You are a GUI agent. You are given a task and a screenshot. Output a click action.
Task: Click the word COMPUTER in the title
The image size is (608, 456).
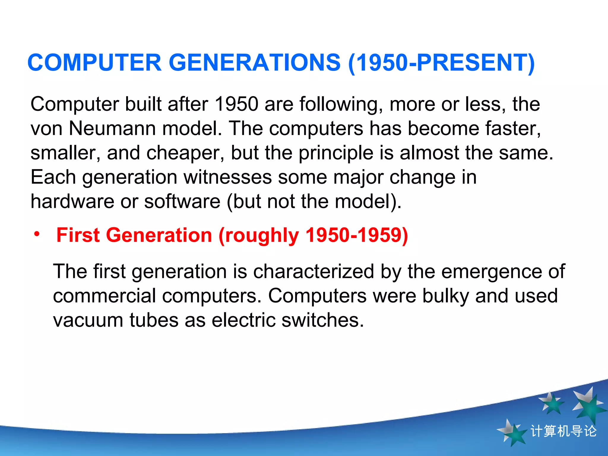(x=94, y=63)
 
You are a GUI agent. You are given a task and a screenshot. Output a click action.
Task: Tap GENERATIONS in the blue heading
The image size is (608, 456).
(x=255, y=63)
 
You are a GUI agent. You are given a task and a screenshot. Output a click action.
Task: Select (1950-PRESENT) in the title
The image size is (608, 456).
(x=441, y=63)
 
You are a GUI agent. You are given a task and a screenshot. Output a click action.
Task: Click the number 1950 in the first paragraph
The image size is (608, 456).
(x=236, y=104)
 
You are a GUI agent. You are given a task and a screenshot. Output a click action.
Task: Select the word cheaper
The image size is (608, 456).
(x=185, y=153)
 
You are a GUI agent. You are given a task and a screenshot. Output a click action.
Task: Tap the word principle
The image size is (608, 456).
(x=336, y=153)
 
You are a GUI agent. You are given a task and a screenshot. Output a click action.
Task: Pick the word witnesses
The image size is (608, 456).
(x=227, y=177)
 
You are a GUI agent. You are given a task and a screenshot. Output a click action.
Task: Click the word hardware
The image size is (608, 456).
(x=72, y=202)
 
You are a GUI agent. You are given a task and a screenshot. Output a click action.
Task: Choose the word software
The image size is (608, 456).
(x=182, y=202)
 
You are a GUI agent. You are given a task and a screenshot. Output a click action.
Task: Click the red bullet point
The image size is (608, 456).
(x=37, y=234)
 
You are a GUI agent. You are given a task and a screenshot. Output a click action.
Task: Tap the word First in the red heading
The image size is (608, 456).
(x=78, y=235)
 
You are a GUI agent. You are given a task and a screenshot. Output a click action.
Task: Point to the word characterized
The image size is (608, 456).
(x=313, y=272)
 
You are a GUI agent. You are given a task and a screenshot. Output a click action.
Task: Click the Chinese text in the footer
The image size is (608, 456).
(x=563, y=431)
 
